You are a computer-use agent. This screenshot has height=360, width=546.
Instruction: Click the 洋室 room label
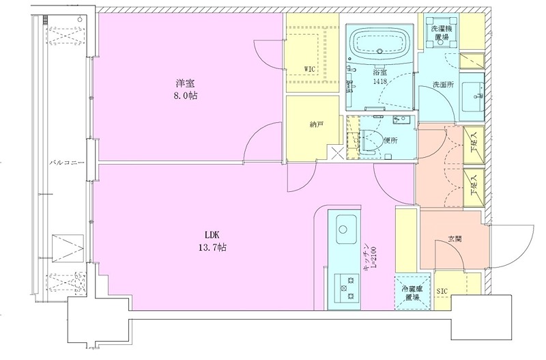(185, 83)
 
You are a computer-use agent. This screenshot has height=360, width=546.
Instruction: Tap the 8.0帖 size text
(185, 96)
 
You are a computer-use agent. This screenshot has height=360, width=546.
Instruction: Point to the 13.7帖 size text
(213, 247)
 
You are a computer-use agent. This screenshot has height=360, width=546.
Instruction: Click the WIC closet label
(310, 69)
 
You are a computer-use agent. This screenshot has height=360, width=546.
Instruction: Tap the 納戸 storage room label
(316, 124)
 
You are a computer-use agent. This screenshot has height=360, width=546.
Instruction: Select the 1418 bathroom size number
(379, 82)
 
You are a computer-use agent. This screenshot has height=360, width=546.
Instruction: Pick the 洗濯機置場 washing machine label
(440, 32)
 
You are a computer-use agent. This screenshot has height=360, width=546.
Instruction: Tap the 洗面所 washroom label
(443, 85)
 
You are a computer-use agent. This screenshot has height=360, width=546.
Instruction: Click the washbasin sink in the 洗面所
(472, 96)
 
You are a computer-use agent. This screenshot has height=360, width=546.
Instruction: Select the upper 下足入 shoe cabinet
(474, 145)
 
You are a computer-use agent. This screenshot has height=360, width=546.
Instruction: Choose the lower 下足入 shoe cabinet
(474, 188)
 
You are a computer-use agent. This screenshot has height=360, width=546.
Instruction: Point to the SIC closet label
(442, 291)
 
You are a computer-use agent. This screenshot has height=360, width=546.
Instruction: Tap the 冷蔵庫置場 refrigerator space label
(412, 293)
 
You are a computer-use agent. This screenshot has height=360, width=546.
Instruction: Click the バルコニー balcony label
(67, 162)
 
